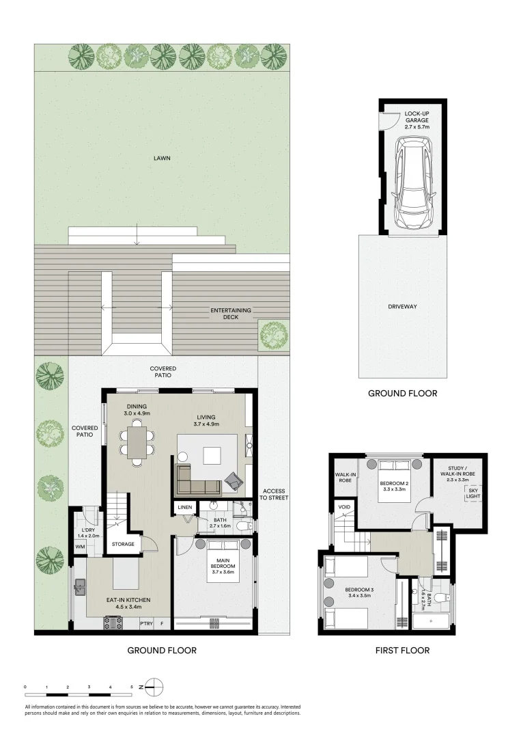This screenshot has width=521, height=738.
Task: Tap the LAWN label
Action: coord(162,158)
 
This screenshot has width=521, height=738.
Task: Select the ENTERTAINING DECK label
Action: coord(230,314)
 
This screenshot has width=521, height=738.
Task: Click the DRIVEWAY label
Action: coord(402,306)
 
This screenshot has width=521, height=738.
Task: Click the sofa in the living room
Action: coord(198,480)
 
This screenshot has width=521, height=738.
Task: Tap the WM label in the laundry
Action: coord(80,546)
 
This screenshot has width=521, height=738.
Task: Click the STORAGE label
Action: coord(124,544)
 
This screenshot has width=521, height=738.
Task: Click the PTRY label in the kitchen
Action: coord(145,623)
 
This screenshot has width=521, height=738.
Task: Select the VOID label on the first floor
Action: coord(343,507)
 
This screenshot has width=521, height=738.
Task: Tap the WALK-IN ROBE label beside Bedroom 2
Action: coord(343,477)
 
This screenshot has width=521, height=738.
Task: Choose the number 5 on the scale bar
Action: coord(132,686)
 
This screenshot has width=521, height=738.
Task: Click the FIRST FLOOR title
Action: coord(402,651)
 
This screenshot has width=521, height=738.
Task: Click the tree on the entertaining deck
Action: coord(273,334)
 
